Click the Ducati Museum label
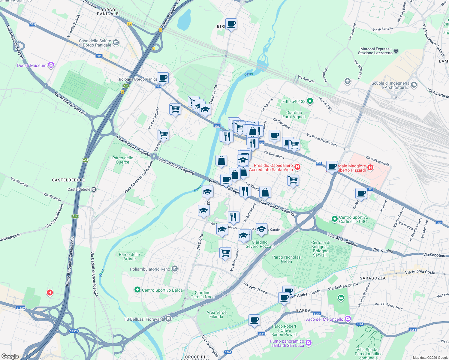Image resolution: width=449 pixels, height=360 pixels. [x=32, y=65]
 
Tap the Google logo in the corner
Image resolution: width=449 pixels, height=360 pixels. [x=10, y=356]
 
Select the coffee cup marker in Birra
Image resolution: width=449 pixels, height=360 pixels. [x=231, y=24]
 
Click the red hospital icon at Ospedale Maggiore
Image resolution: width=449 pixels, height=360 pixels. [x=370, y=168]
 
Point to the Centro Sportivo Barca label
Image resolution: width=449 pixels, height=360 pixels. [x=162, y=290]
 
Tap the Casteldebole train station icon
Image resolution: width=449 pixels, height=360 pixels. [x=94, y=190]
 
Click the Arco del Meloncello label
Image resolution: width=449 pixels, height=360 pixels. [x=325, y=319]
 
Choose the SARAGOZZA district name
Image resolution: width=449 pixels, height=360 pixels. [x=372, y=278]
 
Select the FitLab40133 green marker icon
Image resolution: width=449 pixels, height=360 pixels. [x=310, y=101]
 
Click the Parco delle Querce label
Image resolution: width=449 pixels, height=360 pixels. [x=123, y=160]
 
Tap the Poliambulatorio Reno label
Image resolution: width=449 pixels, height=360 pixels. [x=150, y=269]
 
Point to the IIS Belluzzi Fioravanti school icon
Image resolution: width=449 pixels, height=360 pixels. [x=168, y=319]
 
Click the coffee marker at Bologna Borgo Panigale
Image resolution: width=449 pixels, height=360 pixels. [x=163, y=78]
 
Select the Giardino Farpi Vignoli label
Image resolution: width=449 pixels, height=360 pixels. [x=294, y=115]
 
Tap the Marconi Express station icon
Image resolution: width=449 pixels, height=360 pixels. [x=396, y=51]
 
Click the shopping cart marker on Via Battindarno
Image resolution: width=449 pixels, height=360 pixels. [x=225, y=252]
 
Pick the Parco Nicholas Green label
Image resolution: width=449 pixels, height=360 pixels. [x=286, y=259]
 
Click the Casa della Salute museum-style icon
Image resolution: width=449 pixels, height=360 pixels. [x=116, y=43]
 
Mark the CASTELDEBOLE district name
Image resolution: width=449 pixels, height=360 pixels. [x=68, y=180]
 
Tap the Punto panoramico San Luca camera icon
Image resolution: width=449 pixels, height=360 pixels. [x=308, y=342]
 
